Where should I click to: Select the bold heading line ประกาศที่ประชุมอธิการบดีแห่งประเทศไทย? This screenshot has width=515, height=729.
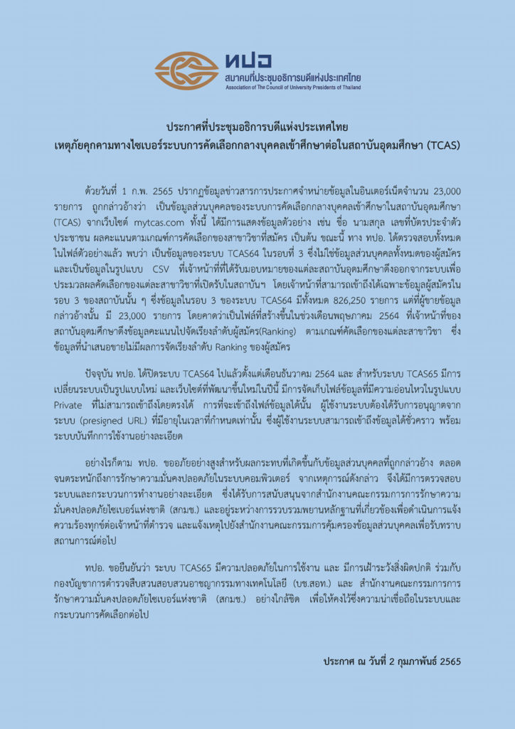(257, 127)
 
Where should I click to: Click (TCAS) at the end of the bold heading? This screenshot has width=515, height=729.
(443, 145)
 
